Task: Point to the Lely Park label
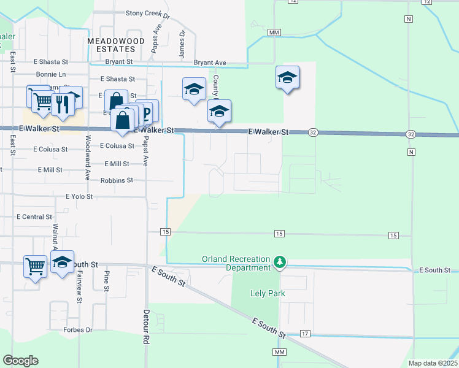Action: coord(268,293)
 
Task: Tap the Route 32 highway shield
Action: coord(313,132)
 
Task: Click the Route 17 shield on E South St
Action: coord(305,333)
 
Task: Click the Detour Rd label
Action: coord(146,331)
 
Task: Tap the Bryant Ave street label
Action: coord(210,63)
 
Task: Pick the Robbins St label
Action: coord(117,180)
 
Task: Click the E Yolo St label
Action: coord(79,197)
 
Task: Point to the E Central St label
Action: coord(34,217)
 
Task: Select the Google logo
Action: coord(20,361)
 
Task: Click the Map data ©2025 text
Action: coord(432,363)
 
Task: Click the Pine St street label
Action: coord(107,280)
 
